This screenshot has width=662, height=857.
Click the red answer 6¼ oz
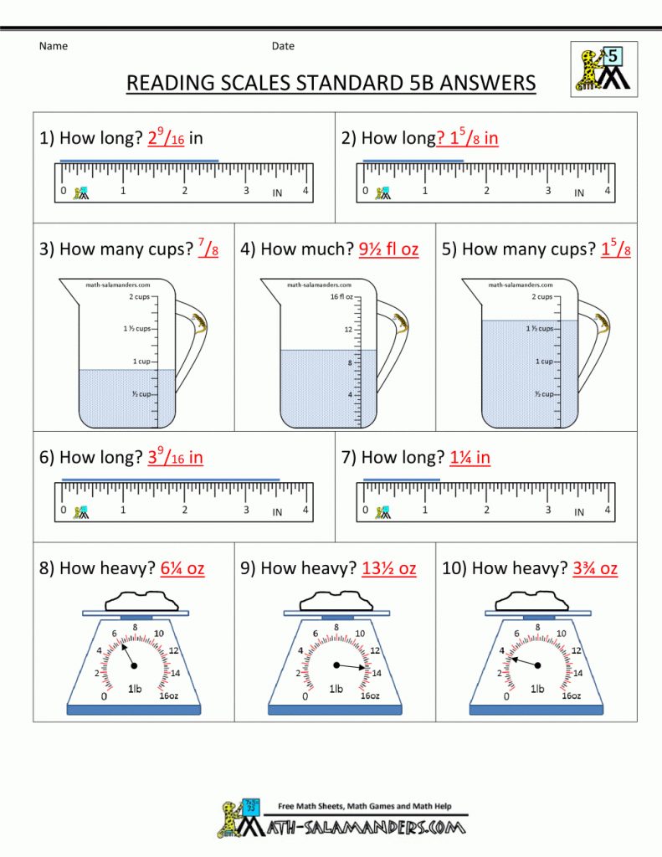(182, 568)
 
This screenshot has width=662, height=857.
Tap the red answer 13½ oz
(388, 568)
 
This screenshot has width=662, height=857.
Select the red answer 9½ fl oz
(388, 249)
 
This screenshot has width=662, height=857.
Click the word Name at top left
(53, 46)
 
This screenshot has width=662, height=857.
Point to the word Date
(283, 46)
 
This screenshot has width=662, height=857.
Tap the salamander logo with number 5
(603, 69)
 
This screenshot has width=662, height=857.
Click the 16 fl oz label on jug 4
(341, 297)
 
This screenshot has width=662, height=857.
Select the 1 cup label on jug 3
(141, 362)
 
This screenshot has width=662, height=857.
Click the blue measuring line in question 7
(402, 480)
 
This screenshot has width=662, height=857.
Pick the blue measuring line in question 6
(171, 480)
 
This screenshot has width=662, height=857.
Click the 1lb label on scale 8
(135, 689)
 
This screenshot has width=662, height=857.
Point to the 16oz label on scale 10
(572, 695)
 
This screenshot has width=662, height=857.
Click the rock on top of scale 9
(336, 601)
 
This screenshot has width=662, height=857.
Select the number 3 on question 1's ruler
(246, 190)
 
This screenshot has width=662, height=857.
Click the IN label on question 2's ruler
(579, 193)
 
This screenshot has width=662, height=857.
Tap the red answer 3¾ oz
(595, 568)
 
